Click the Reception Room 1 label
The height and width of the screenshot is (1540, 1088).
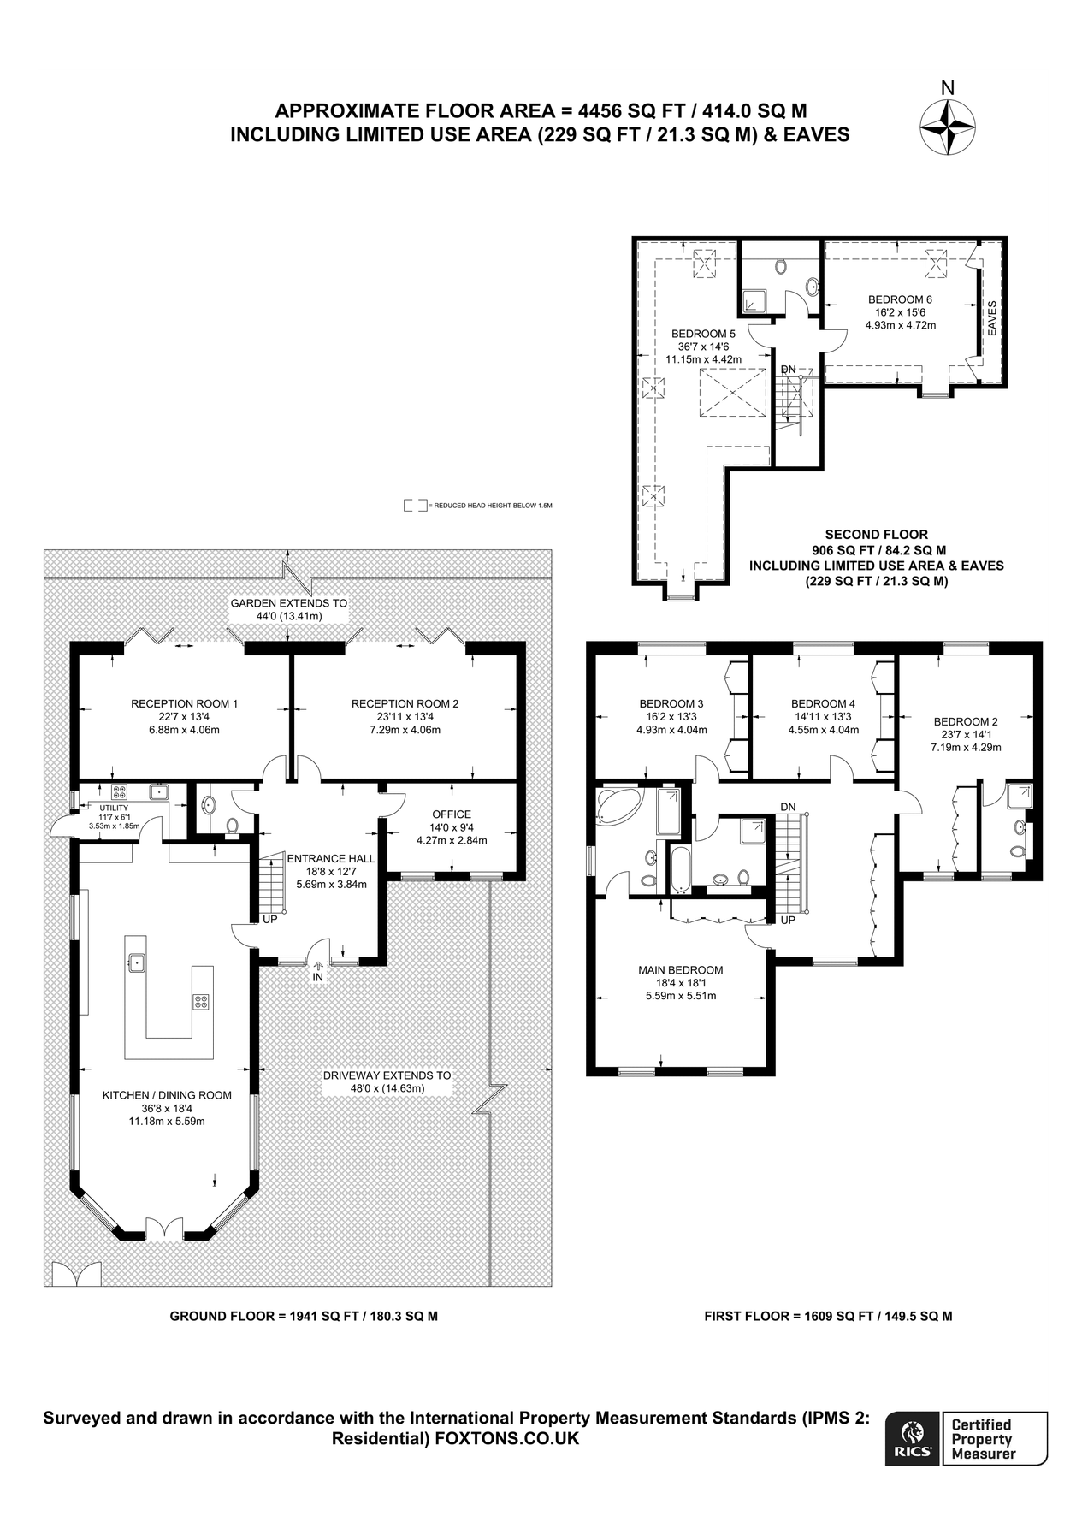coord(184,703)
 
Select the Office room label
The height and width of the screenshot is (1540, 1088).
coord(452,814)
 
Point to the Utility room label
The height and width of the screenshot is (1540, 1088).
coord(114,808)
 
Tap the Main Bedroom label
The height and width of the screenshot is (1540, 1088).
coord(680,969)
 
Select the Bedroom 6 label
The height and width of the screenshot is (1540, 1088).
coord(900,299)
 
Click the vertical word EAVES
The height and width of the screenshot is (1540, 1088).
coord(992,318)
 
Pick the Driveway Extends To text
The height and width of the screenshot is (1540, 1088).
coord(387,1075)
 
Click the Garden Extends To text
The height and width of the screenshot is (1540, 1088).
coord(289,603)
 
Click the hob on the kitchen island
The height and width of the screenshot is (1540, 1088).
coord(201,1001)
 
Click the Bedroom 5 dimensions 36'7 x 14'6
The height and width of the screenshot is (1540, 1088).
coord(703,346)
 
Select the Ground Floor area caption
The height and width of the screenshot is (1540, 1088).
coord(304,1316)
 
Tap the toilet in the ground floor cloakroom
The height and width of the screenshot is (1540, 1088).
coord(232,826)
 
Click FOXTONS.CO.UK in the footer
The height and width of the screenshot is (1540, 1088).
coord(507,1438)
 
